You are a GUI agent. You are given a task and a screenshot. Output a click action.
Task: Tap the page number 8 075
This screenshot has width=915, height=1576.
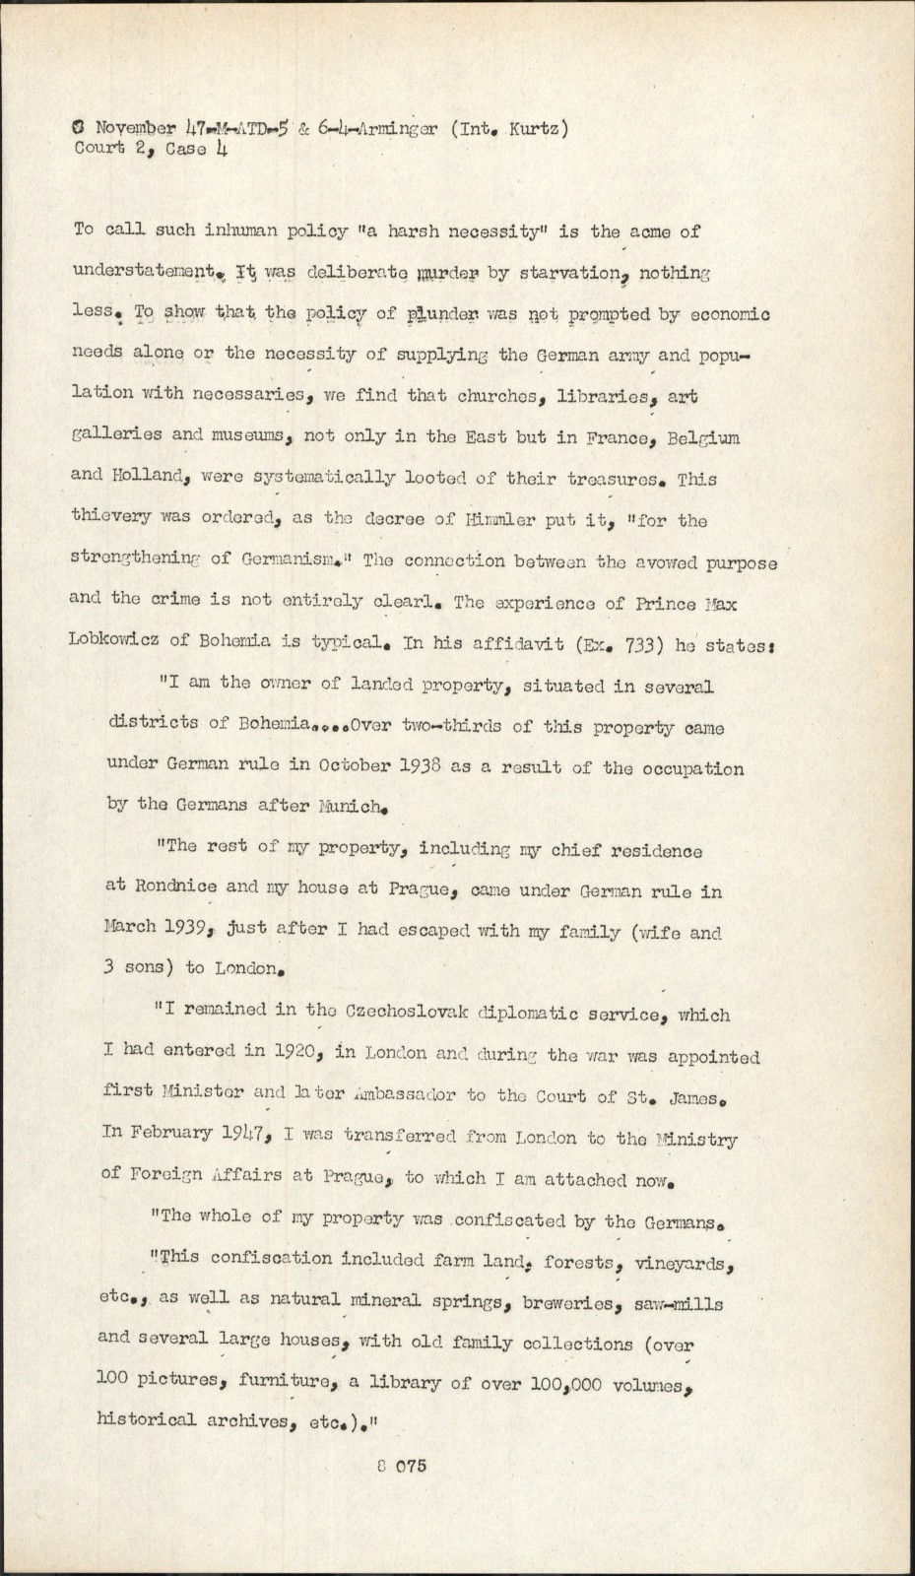(400, 1467)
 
